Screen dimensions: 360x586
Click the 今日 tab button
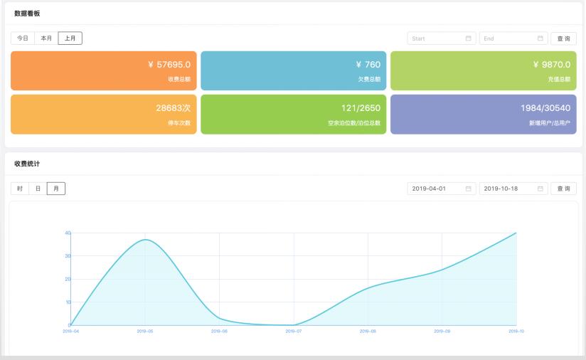click(23, 38)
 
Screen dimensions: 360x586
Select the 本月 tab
click(46, 38)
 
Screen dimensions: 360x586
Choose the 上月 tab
click(70, 38)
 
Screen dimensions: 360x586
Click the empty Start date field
click(441, 38)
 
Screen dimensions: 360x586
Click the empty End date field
click(513, 38)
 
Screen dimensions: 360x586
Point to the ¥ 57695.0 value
click(169, 65)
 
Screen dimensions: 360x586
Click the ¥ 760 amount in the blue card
click(368, 65)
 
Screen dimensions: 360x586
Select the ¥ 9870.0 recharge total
click(551, 65)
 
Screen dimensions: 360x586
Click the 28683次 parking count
click(173, 108)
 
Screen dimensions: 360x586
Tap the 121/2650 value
click(361, 108)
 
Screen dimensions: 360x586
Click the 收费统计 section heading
click(27, 164)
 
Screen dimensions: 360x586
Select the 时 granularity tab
click(20, 189)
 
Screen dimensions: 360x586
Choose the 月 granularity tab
click(55, 189)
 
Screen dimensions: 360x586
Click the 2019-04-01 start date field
click(441, 189)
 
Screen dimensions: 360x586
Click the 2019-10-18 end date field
click(513, 189)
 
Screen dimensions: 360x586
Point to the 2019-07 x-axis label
click(294, 332)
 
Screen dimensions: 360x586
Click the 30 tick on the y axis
click(68, 255)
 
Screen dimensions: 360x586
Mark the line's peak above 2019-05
click(145, 240)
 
